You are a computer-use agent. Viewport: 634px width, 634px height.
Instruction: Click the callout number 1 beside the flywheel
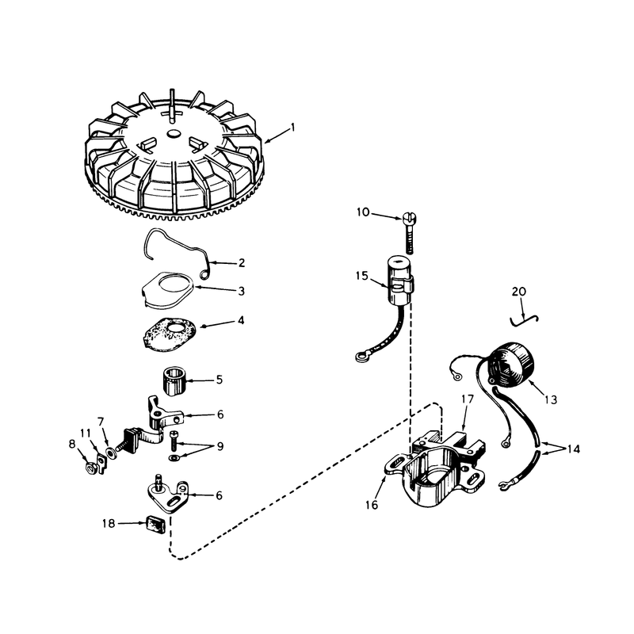(x=292, y=128)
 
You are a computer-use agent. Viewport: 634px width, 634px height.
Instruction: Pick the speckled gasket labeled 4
(x=170, y=331)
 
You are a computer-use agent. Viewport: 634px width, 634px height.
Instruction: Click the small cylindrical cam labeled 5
(x=174, y=382)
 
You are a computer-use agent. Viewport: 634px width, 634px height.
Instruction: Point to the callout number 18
(x=109, y=523)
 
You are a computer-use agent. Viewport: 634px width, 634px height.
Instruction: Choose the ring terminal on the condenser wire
(x=360, y=356)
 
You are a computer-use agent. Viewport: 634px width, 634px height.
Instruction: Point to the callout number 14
(x=573, y=449)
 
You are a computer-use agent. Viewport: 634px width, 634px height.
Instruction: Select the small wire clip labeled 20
(x=524, y=320)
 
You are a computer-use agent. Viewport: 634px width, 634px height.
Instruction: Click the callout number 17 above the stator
(x=467, y=399)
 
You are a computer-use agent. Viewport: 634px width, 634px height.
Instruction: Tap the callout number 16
(x=372, y=505)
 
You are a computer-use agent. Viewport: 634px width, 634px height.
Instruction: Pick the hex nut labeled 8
(x=91, y=468)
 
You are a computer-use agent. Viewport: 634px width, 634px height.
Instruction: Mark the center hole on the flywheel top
(x=174, y=133)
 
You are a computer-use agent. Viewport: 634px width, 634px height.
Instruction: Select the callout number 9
(x=220, y=446)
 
